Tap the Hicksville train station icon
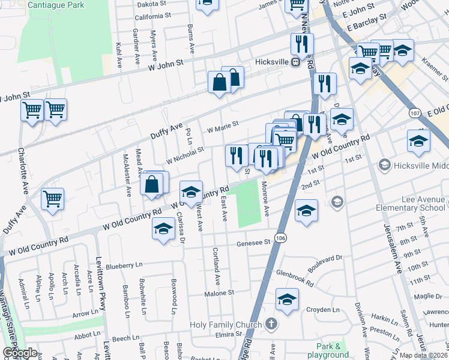[295, 62]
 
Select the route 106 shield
[280, 238]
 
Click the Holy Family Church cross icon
[271, 325]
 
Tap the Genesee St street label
[255, 243]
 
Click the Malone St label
[219, 293]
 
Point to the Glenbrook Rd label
[295, 276]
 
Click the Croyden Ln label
[324, 310]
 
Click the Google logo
[20, 353]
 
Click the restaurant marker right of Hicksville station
[302, 44]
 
